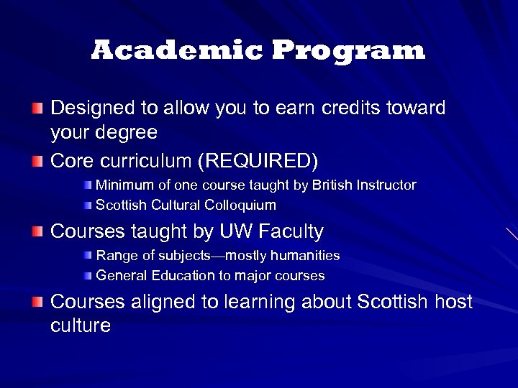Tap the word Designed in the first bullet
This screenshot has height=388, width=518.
(x=93, y=108)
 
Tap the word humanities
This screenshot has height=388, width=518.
(x=305, y=256)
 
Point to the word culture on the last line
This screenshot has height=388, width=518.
(x=81, y=326)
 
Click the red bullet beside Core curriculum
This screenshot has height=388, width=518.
(x=37, y=158)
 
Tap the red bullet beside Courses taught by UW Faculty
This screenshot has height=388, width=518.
(x=37, y=231)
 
